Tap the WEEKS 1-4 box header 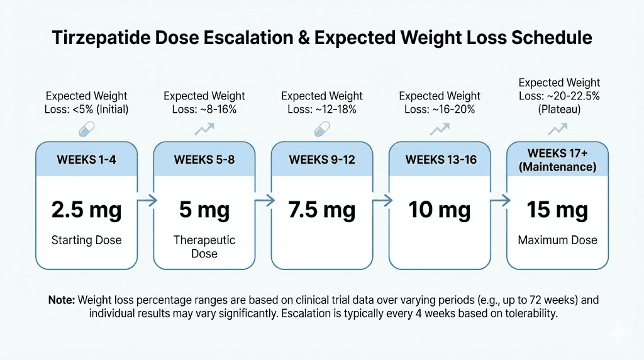point(86,159)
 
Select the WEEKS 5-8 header point(204,159)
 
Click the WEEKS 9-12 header point(322,159)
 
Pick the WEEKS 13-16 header point(440,159)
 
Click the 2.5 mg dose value point(86,210)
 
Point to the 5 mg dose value point(204,210)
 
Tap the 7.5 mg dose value point(322,210)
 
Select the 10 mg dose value point(440,210)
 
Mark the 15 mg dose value point(557,210)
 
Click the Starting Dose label point(86,240)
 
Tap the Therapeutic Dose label point(204,247)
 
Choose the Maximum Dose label point(557,240)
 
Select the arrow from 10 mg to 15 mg point(499,201)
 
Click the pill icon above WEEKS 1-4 point(86,130)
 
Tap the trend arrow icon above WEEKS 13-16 point(440,130)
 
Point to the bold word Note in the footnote point(61,300)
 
